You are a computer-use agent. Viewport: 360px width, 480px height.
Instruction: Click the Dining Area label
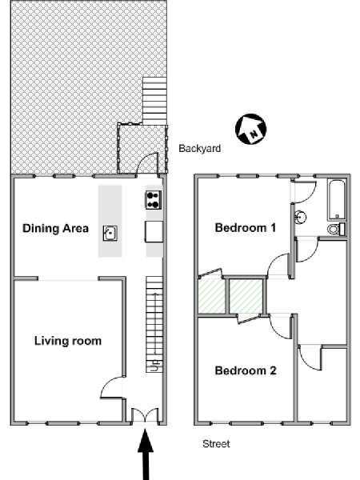point(55,228)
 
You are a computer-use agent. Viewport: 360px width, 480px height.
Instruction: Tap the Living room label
point(68,341)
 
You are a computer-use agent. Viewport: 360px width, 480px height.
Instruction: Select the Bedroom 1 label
point(246,228)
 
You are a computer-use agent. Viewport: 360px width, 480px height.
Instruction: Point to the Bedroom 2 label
point(246,370)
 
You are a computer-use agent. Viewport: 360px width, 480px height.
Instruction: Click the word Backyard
point(199,149)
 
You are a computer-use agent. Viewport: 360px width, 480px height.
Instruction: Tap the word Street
point(216,443)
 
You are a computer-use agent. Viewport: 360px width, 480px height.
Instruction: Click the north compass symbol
point(250,129)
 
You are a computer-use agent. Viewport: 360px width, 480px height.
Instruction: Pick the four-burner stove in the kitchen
point(154,200)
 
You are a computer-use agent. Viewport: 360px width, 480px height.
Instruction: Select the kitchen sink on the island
point(110,234)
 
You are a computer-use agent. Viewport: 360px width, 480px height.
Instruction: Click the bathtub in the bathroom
point(337,200)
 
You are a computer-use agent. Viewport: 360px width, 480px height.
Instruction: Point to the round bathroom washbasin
point(301,218)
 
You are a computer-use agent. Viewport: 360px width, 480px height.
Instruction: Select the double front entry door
point(145,416)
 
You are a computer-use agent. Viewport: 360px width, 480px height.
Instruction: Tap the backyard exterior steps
point(154,101)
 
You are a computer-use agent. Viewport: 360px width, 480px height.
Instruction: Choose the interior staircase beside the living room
point(154,325)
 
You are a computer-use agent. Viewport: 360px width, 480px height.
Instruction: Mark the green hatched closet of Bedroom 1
point(212,296)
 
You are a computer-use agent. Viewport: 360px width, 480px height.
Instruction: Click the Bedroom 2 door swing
point(281,326)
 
